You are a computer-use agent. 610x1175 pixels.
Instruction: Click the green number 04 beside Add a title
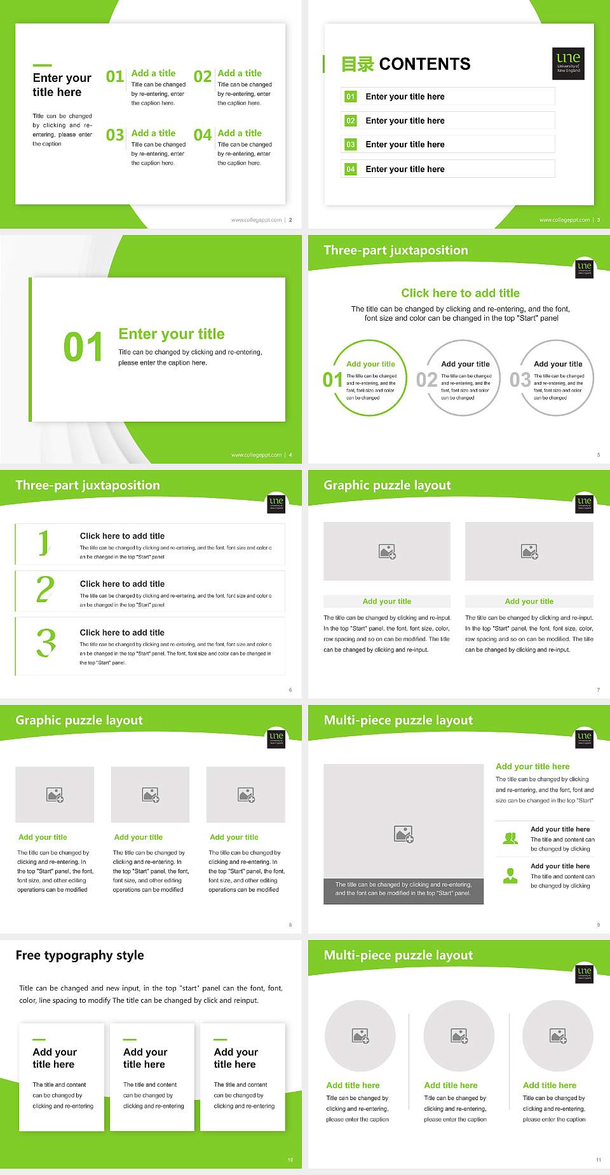click(x=203, y=135)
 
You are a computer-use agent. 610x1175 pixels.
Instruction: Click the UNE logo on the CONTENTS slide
click(x=568, y=63)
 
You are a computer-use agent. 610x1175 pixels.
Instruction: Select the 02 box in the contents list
click(x=351, y=121)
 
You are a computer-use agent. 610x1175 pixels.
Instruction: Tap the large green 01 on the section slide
click(x=83, y=347)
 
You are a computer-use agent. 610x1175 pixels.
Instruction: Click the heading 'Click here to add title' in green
click(x=460, y=293)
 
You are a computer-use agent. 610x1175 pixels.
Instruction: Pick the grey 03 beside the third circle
click(x=520, y=380)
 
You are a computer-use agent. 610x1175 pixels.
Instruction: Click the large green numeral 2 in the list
click(x=45, y=589)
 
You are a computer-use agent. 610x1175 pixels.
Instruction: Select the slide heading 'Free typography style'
click(x=79, y=955)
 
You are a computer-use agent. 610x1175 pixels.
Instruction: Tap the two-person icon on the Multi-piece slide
click(x=510, y=838)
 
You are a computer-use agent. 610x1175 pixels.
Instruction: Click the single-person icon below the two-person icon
click(x=510, y=876)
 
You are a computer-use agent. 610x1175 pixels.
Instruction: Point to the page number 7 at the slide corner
click(x=598, y=690)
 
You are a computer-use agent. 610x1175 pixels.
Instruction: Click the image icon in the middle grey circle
click(x=459, y=1036)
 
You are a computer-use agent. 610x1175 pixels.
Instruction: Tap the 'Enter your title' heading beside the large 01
click(x=172, y=334)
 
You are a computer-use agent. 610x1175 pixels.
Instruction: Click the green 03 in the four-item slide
click(x=115, y=135)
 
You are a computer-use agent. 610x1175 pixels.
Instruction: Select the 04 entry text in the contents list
click(x=405, y=169)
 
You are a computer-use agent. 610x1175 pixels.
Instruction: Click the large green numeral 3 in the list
click(x=46, y=643)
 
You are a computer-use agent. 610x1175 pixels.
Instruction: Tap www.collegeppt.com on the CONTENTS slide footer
click(x=564, y=220)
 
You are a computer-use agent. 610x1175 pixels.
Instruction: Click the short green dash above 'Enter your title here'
click(x=42, y=65)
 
